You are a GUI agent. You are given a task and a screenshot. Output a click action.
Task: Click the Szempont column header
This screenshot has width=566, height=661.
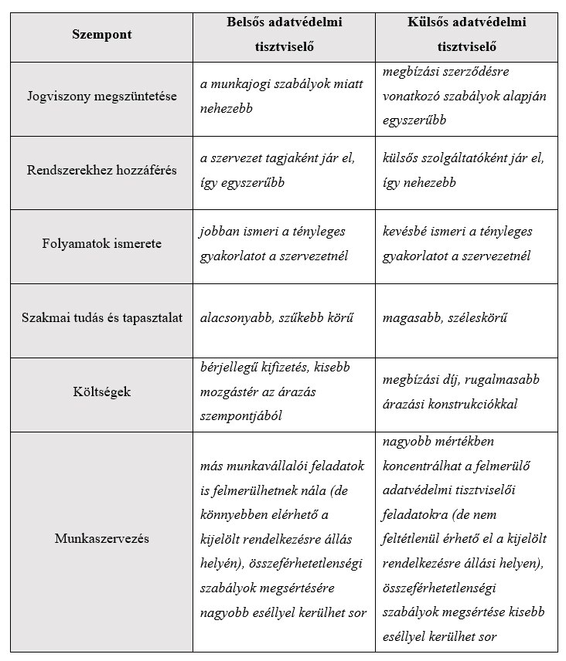(101, 34)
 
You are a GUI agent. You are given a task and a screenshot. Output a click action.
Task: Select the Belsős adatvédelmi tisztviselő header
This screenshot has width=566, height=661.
(284, 34)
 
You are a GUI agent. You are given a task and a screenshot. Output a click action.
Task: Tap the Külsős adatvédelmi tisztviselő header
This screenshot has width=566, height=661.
(466, 34)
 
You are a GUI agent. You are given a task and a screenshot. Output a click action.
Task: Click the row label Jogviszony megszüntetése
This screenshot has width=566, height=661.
(101, 97)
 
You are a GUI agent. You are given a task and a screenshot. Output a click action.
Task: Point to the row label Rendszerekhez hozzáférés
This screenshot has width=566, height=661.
(101, 170)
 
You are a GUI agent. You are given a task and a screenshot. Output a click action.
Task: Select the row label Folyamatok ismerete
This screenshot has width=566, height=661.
(101, 243)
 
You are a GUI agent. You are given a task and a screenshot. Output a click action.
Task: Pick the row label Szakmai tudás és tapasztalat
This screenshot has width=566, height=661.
(101, 317)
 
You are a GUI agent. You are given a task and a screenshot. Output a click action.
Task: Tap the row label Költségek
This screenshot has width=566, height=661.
(101, 392)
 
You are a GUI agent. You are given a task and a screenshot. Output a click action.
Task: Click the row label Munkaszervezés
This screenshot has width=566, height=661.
(101, 538)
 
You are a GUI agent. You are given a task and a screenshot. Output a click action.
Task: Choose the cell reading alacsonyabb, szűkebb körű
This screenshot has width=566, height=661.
(276, 317)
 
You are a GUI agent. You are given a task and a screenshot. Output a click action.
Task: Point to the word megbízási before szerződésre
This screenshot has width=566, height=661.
(411, 71)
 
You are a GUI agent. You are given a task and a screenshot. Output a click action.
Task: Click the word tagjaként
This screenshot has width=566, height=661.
(302, 158)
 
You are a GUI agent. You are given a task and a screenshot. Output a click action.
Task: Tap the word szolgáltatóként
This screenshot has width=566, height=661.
(465, 158)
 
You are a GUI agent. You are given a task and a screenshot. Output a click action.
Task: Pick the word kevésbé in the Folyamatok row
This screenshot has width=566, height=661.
(407, 232)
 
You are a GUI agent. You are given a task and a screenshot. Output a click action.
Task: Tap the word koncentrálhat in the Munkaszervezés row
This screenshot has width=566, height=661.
(422, 466)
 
